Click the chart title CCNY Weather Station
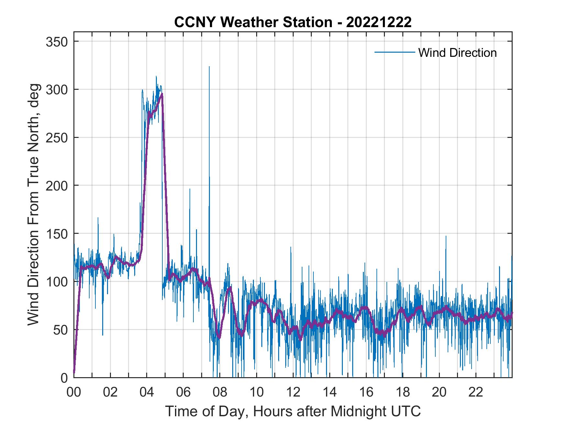pyautogui.click(x=293, y=22)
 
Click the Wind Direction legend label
pyautogui.click(x=457, y=53)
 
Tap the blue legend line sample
pyautogui.click(x=395, y=52)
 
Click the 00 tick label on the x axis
pyautogui.click(x=74, y=392)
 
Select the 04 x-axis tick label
pyautogui.click(x=147, y=392)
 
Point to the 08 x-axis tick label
pyautogui.click(x=220, y=392)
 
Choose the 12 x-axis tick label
pyautogui.click(x=293, y=392)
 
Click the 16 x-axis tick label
pyautogui.click(x=366, y=392)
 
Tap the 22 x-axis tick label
pyautogui.click(x=476, y=392)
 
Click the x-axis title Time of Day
pyautogui.click(x=293, y=411)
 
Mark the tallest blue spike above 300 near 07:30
pyautogui.click(x=209, y=67)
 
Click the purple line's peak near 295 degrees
pyautogui.click(x=162, y=94)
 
